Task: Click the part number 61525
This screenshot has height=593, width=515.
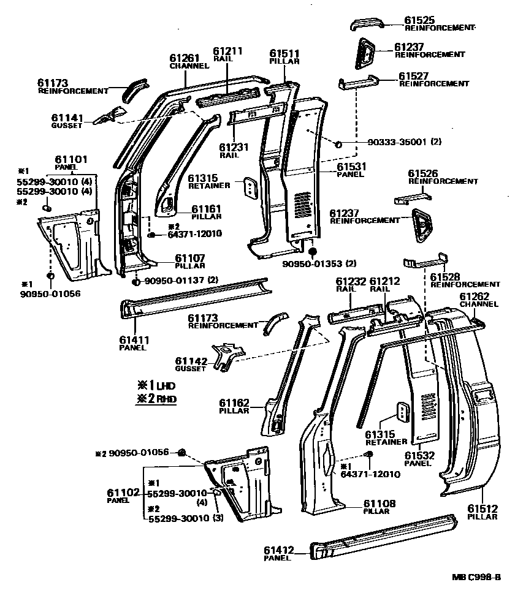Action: (421, 20)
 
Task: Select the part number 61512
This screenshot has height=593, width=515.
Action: (483, 508)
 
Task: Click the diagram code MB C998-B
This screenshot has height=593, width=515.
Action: (476, 577)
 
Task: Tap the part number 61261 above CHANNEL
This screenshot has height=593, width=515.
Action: (185, 58)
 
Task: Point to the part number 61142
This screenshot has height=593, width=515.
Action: (190, 361)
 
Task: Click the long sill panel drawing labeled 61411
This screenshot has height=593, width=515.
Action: (196, 297)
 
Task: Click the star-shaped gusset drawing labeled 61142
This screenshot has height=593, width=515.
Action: (229, 355)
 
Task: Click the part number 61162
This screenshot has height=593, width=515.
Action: (235, 402)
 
